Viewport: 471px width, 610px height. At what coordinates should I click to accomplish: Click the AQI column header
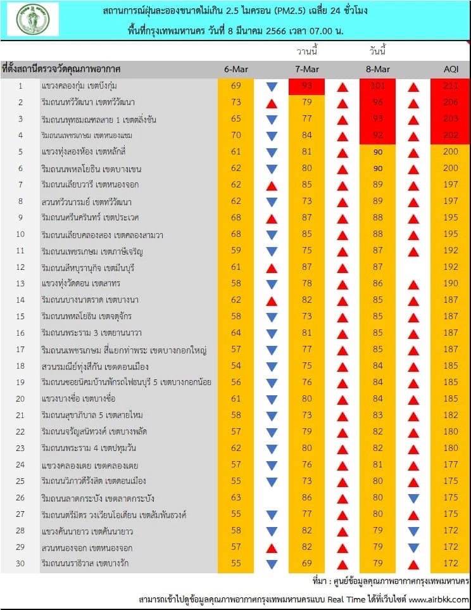click(452, 68)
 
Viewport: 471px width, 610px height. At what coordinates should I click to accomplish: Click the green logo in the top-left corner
click(33, 19)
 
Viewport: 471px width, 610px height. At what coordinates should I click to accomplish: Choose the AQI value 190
click(452, 284)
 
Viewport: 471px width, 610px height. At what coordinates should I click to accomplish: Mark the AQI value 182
click(452, 416)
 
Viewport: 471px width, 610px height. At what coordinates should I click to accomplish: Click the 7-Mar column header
click(307, 68)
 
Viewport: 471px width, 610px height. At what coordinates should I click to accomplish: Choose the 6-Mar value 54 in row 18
click(237, 366)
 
